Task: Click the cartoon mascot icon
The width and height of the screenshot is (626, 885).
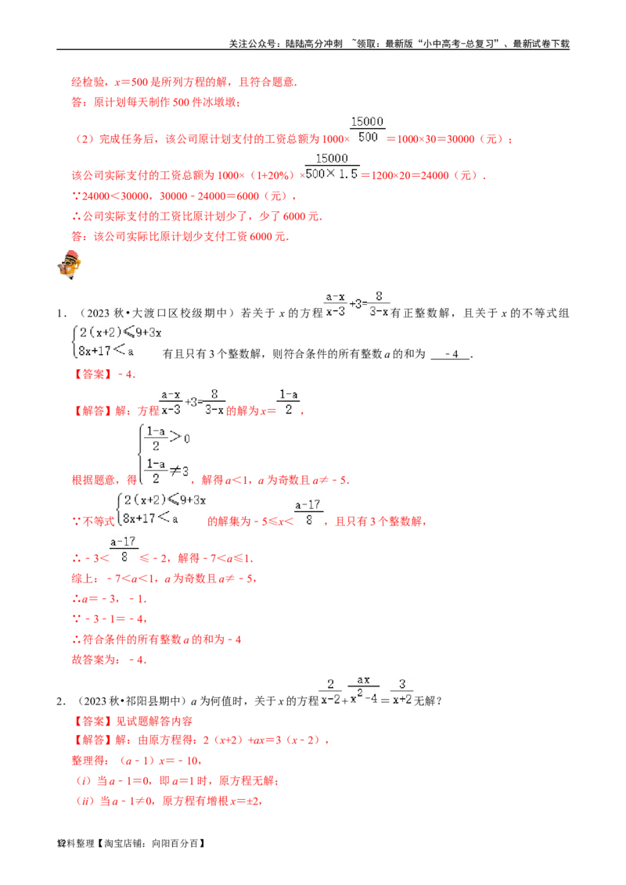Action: pyautogui.click(x=70, y=265)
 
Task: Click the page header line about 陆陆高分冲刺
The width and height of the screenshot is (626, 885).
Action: pyautogui.click(x=399, y=44)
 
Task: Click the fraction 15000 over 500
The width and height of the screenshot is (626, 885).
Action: pyautogui.click(x=367, y=129)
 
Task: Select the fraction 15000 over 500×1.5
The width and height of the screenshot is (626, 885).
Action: pyautogui.click(x=332, y=167)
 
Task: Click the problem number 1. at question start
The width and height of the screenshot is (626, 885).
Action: pyautogui.click(x=62, y=314)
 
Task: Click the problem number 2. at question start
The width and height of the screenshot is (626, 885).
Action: pyautogui.click(x=62, y=701)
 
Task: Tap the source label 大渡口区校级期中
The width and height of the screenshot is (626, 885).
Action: pyautogui.click(x=179, y=314)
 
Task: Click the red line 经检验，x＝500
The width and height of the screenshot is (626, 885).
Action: pyautogui.click(x=184, y=82)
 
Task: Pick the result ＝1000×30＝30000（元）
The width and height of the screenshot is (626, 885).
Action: pyautogui.click(x=450, y=139)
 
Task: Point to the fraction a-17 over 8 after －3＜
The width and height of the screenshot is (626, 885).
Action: pyautogui.click(x=123, y=550)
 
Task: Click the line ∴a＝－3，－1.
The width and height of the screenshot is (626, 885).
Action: pyautogui.click(x=109, y=599)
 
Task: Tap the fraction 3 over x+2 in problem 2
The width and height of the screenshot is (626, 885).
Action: pyautogui.click(x=402, y=692)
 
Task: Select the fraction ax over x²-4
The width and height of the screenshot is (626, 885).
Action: pyautogui.click(x=363, y=689)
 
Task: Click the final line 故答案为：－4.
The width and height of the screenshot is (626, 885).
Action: pyautogui.click(x=109, y=660)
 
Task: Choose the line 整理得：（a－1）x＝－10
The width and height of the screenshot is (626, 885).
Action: pyautogui.click(x=137, y=761)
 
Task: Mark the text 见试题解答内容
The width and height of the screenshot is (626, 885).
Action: pyautogui.click(x=154, y=722)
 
